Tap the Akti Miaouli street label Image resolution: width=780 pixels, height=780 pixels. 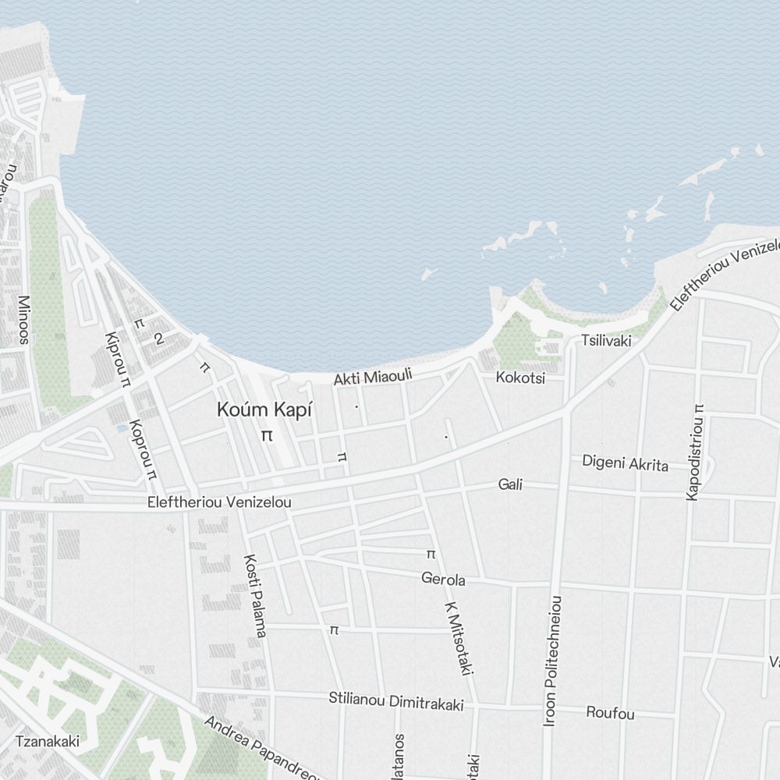coord(372,378)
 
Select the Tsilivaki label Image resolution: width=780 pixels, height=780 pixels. coord(606,341)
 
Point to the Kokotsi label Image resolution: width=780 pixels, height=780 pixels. coord(520,378)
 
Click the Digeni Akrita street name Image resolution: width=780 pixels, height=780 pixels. coord(625,463)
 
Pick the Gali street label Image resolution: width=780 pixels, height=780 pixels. coord(510,485)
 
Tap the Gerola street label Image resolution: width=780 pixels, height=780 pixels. coord(443,580)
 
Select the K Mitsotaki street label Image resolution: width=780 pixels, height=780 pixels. coord(460,638)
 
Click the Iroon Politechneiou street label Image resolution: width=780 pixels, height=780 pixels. coord(553,661)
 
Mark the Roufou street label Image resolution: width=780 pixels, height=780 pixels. coord(610,714)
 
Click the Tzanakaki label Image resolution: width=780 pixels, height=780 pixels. coord(48,741)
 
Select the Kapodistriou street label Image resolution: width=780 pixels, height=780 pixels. coord(693,452)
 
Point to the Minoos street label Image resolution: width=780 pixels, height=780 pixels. coord(23,320)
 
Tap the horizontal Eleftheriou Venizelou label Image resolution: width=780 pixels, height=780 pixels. coord(219,502)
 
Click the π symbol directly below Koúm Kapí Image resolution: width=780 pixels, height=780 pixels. coord(267,435)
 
